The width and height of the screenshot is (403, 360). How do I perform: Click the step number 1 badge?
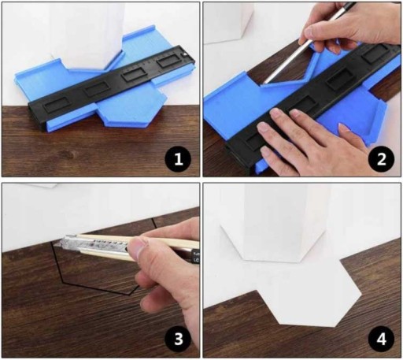(x=178, y=159)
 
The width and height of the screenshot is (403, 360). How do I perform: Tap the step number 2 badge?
(x=381, y=159)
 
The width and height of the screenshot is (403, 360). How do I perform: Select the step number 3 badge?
(x=178, y=339)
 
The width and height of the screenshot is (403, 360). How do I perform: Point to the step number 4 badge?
(x=381, y=339)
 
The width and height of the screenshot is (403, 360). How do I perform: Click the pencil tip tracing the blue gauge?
(x=264, y=83)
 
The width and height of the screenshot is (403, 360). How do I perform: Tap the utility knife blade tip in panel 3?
(x=62, y=242)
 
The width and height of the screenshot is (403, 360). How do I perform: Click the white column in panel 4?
(x=285, y=223)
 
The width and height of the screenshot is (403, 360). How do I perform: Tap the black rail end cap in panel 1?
(x=37, y=116)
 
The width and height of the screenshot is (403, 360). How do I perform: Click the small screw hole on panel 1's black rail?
(x=185, y=54)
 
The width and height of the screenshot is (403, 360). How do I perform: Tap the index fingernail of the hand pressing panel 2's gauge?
(x=275, y=113)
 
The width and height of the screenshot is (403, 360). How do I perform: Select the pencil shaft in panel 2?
(x=309, y=43)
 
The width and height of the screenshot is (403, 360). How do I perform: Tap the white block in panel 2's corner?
(x=228, y=22)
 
